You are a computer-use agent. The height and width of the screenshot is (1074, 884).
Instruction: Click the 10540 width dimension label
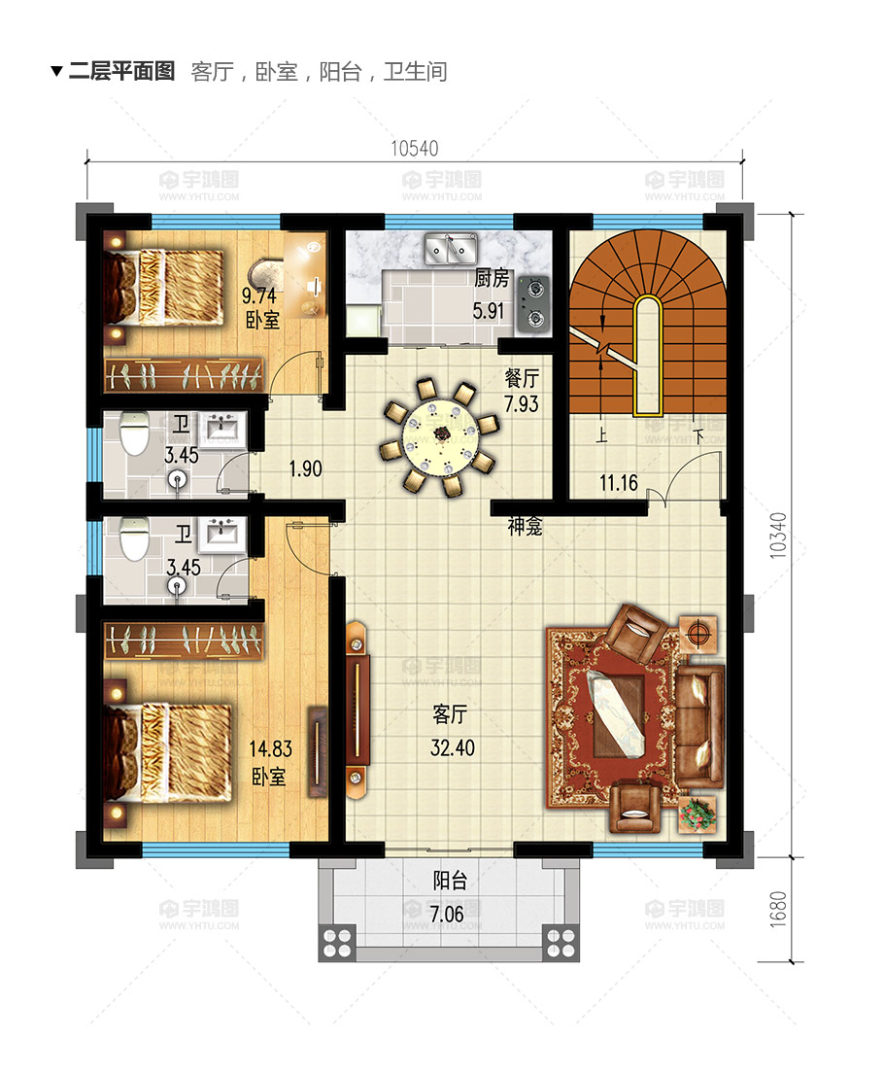[x=414, y=149]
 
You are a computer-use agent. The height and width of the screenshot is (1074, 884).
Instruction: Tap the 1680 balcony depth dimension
[x=778, y=910]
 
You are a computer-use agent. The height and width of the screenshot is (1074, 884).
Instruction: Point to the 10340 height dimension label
[x=778, y=536]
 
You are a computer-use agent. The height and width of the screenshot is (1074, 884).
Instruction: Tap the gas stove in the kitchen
[x=533, y=304]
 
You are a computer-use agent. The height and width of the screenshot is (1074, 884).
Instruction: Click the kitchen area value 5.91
[x=489, y=311]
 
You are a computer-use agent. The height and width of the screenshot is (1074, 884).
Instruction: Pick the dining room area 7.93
[x=522, y=404]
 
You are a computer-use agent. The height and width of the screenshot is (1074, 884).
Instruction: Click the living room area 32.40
[x=452, y=748]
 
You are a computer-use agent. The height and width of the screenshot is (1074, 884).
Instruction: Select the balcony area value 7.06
[x=447, y=914]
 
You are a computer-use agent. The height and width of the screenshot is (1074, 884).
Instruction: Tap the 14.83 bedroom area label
[x=270, y=748]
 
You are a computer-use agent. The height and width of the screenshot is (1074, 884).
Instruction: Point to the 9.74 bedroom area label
[x=258, y=295]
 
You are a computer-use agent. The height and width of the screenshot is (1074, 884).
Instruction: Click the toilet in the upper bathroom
[x=135, y=433]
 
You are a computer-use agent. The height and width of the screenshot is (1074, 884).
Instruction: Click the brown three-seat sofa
[x=699, y=726]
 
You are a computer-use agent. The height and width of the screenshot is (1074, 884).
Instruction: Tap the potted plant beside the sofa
[x=697, y=814]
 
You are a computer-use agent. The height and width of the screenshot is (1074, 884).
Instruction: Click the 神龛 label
[x=526, y=526]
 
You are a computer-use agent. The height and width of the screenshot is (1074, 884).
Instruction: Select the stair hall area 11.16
[x=619, y=484]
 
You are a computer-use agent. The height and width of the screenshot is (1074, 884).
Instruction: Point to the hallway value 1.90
[x=305, y=469]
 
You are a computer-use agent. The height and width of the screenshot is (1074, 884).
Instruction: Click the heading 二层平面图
[x=121, y=71]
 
